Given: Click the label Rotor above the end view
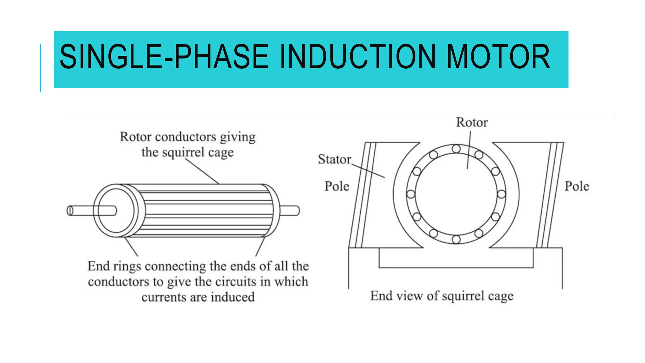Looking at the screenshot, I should (472, 123).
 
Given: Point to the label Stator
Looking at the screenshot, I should (334, 159).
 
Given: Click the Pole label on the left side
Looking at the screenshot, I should (337, 186).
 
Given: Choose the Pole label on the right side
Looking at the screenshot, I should (577, 186).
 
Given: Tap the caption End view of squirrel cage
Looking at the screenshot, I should (442, 296).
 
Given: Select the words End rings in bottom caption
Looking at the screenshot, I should (114, 266).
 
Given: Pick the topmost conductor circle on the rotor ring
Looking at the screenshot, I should (456, 149).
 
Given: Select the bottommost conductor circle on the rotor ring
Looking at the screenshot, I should (456, 239).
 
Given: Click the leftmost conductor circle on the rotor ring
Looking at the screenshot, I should (411, 194).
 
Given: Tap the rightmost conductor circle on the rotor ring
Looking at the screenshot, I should (501, 194).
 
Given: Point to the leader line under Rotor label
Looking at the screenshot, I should (469, 150).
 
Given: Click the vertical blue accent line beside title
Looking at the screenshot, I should (40, 68).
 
